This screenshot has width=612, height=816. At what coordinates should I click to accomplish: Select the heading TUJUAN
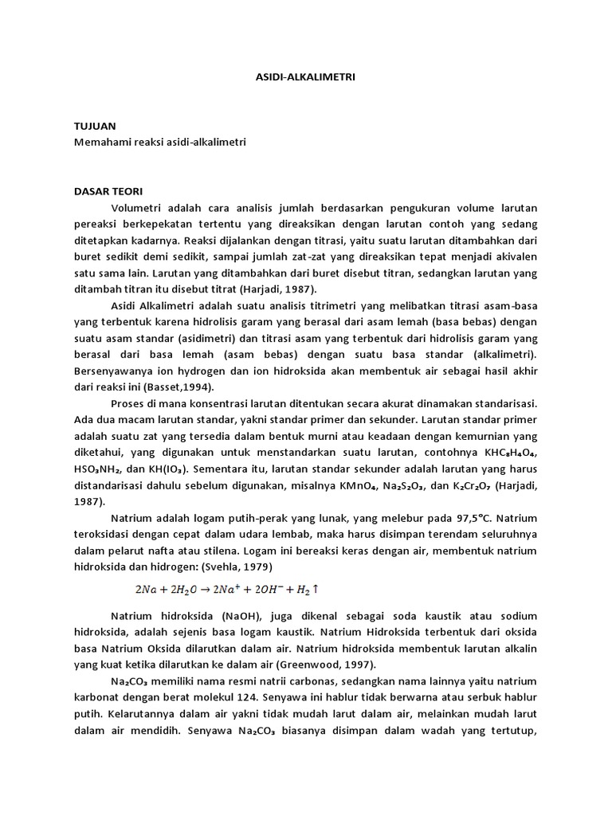click(x=95, y=127)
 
